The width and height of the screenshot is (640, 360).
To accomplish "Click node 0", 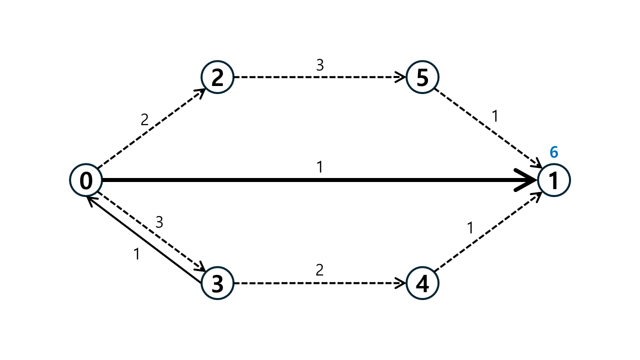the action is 86,180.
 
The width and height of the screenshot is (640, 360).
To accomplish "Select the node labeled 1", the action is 554,180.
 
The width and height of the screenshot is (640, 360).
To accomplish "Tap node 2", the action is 217,77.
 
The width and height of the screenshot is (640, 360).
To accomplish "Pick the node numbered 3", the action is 217,283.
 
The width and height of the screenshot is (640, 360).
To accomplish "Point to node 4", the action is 422,283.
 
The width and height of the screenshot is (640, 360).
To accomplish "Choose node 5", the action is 422,77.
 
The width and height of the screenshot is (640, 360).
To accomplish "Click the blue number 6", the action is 553,152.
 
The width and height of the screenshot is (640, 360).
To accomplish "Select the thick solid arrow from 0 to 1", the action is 319,180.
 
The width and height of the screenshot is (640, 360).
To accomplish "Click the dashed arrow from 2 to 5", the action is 320,77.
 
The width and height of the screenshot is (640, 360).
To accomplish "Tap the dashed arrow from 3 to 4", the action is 320,283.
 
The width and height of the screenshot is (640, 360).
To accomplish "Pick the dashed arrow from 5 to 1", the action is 488,128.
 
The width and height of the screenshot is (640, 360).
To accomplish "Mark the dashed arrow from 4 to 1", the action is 488,231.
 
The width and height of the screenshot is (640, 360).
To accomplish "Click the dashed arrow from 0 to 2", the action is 151,128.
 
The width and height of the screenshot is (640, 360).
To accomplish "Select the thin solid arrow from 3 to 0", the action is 144,239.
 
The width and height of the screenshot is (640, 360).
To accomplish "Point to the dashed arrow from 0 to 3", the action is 151,231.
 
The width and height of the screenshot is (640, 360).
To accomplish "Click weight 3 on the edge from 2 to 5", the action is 320,65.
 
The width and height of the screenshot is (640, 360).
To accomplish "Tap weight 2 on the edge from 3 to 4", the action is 319,270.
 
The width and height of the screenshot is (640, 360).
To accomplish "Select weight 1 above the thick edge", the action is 320,167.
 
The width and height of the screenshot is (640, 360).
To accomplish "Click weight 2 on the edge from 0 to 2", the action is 144,119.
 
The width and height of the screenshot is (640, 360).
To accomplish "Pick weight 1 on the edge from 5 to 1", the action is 495,116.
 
